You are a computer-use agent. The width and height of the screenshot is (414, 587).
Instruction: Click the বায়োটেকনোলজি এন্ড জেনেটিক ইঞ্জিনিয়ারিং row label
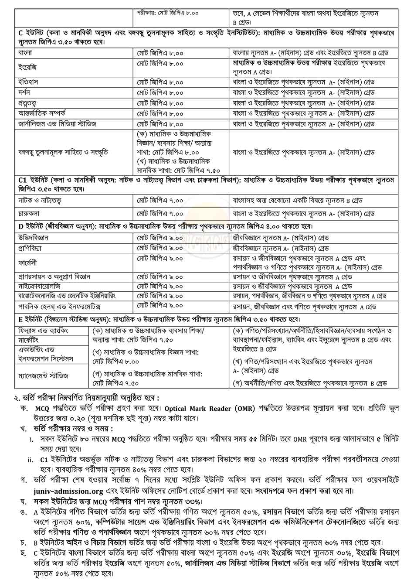(67, 296)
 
